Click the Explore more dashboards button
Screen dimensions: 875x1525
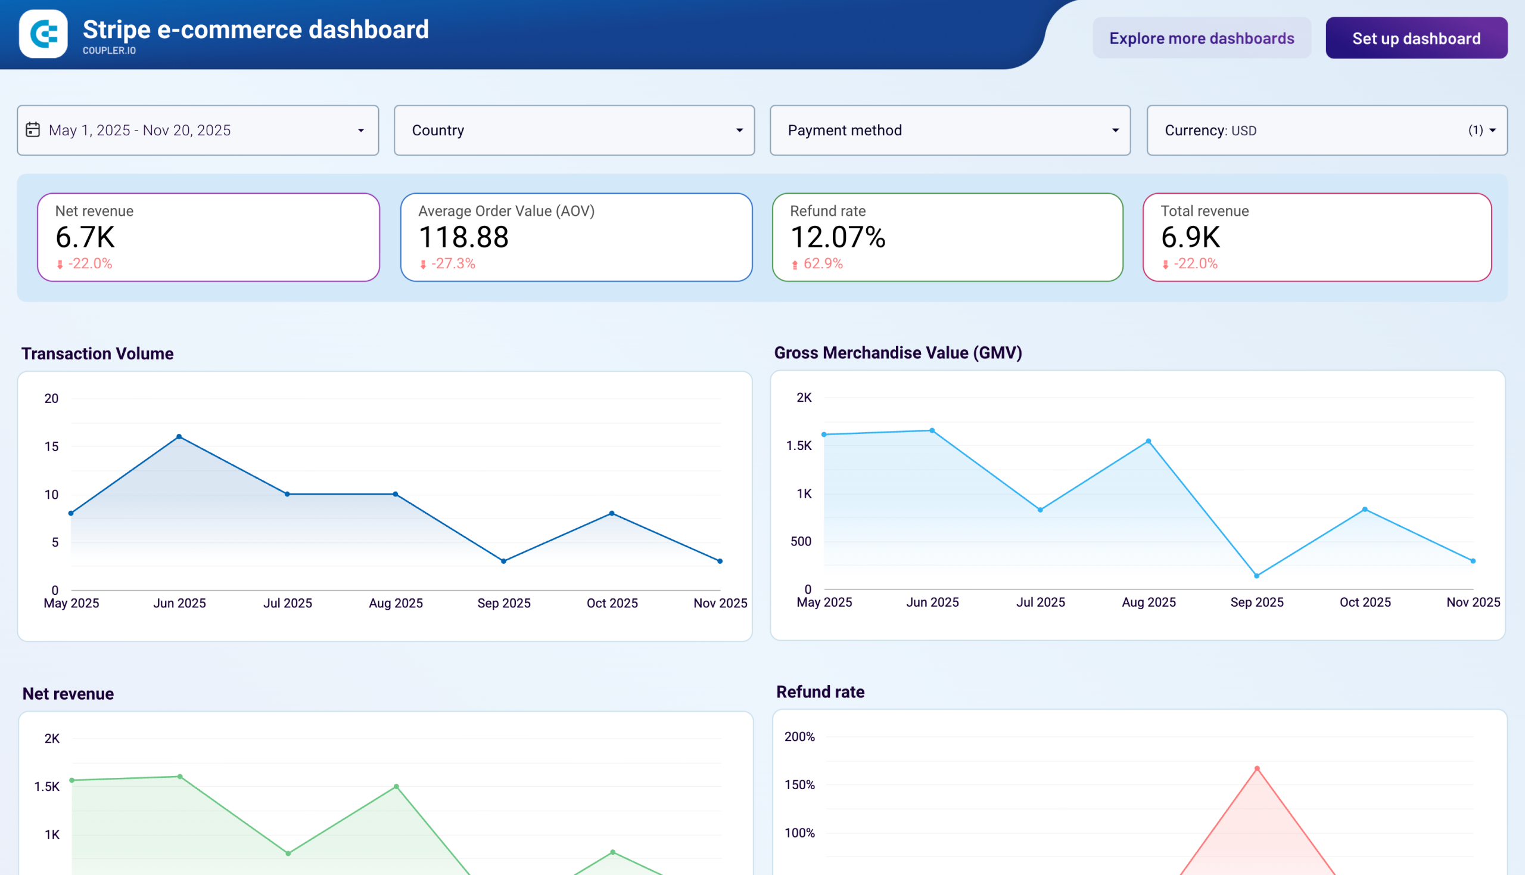pyautogui.click(x=1202, y=39)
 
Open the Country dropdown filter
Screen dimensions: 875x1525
pyautogui.click(x=574, y=131)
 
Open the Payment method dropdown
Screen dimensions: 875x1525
pyautogui.click(x=950, y=131)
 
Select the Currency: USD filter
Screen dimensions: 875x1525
pyautogui.click(x=1326, y=131)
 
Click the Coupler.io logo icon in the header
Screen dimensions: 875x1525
pyautogui.click(x=43, y=33)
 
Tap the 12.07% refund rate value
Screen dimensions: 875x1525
pyautogui.click(x=838, y=237)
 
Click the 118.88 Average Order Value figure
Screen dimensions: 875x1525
pyautogui.click(x=463, y=237)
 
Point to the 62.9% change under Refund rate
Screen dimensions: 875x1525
pyautogui.click(x=822, y=264)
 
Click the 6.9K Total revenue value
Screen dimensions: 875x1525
pyautogui.click(x=1190, y=237)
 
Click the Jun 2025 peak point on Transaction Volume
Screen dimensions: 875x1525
pyautogui.click(x=179, y=437)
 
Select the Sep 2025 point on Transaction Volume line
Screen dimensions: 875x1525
pyautogui.click(x=503, y=561)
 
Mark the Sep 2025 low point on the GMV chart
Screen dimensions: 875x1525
pyautogui.click(x=1256, y=576)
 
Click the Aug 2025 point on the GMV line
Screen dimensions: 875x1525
pyautogui.click(x=1149, y=441)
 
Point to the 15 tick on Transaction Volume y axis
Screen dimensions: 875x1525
pyautogui.click(x=52, y=446)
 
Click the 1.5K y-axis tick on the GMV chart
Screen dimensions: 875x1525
pyautogui.click(x=799, y=445)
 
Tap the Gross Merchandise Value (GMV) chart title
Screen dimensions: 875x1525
pyautogui.click(x=897, y=353)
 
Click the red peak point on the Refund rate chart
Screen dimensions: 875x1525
pyautogui.click(x=1257, y=769)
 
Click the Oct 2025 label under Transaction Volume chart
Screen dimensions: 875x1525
pyautogui.click(x=612, y=603)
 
